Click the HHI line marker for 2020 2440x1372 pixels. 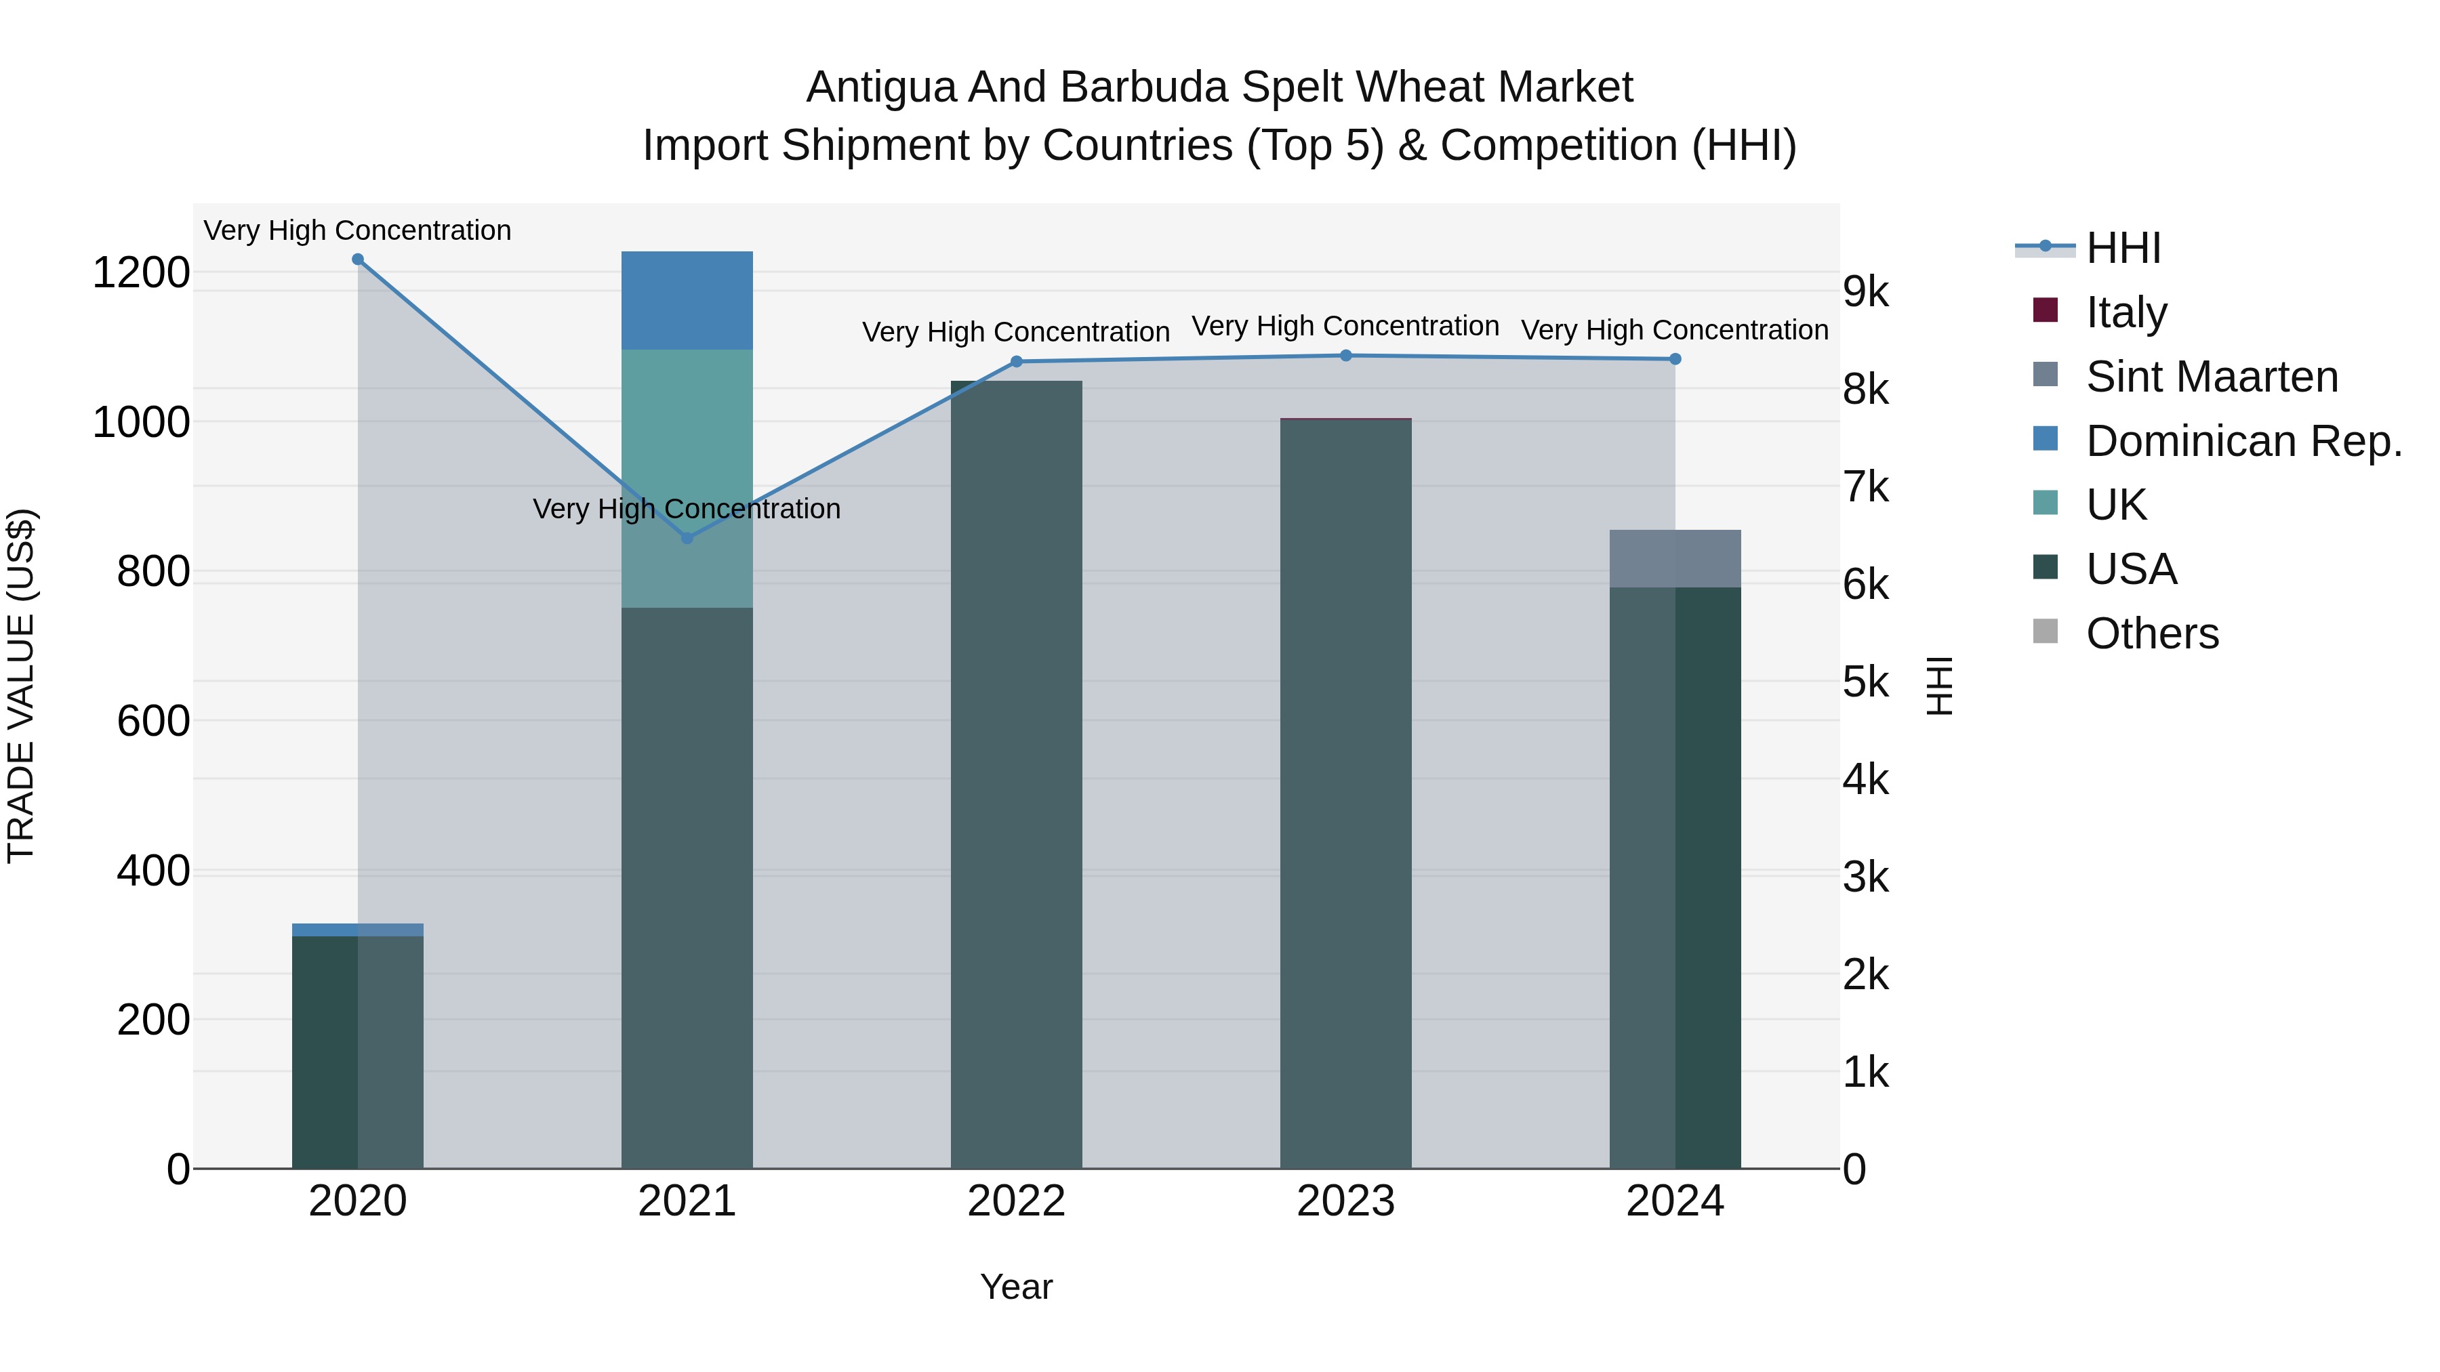(357, 259)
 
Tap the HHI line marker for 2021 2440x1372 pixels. (688, 538)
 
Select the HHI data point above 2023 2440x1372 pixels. (1346, 356)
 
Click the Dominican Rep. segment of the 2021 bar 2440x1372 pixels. (687, 300)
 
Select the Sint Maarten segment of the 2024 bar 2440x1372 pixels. (1675, 559)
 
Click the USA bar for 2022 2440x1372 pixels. (1017, 776)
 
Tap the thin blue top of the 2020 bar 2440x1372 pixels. (357, 929)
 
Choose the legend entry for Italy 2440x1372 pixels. (2126, 312)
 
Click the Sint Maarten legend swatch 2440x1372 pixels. (2045, 375)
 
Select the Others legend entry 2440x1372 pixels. (2151, 633)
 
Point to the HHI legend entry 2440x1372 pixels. (2123, 248)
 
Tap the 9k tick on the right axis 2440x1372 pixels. (1865, 293)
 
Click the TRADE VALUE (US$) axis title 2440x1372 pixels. (22, 686)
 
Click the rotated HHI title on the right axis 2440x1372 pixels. (1939, 686)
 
